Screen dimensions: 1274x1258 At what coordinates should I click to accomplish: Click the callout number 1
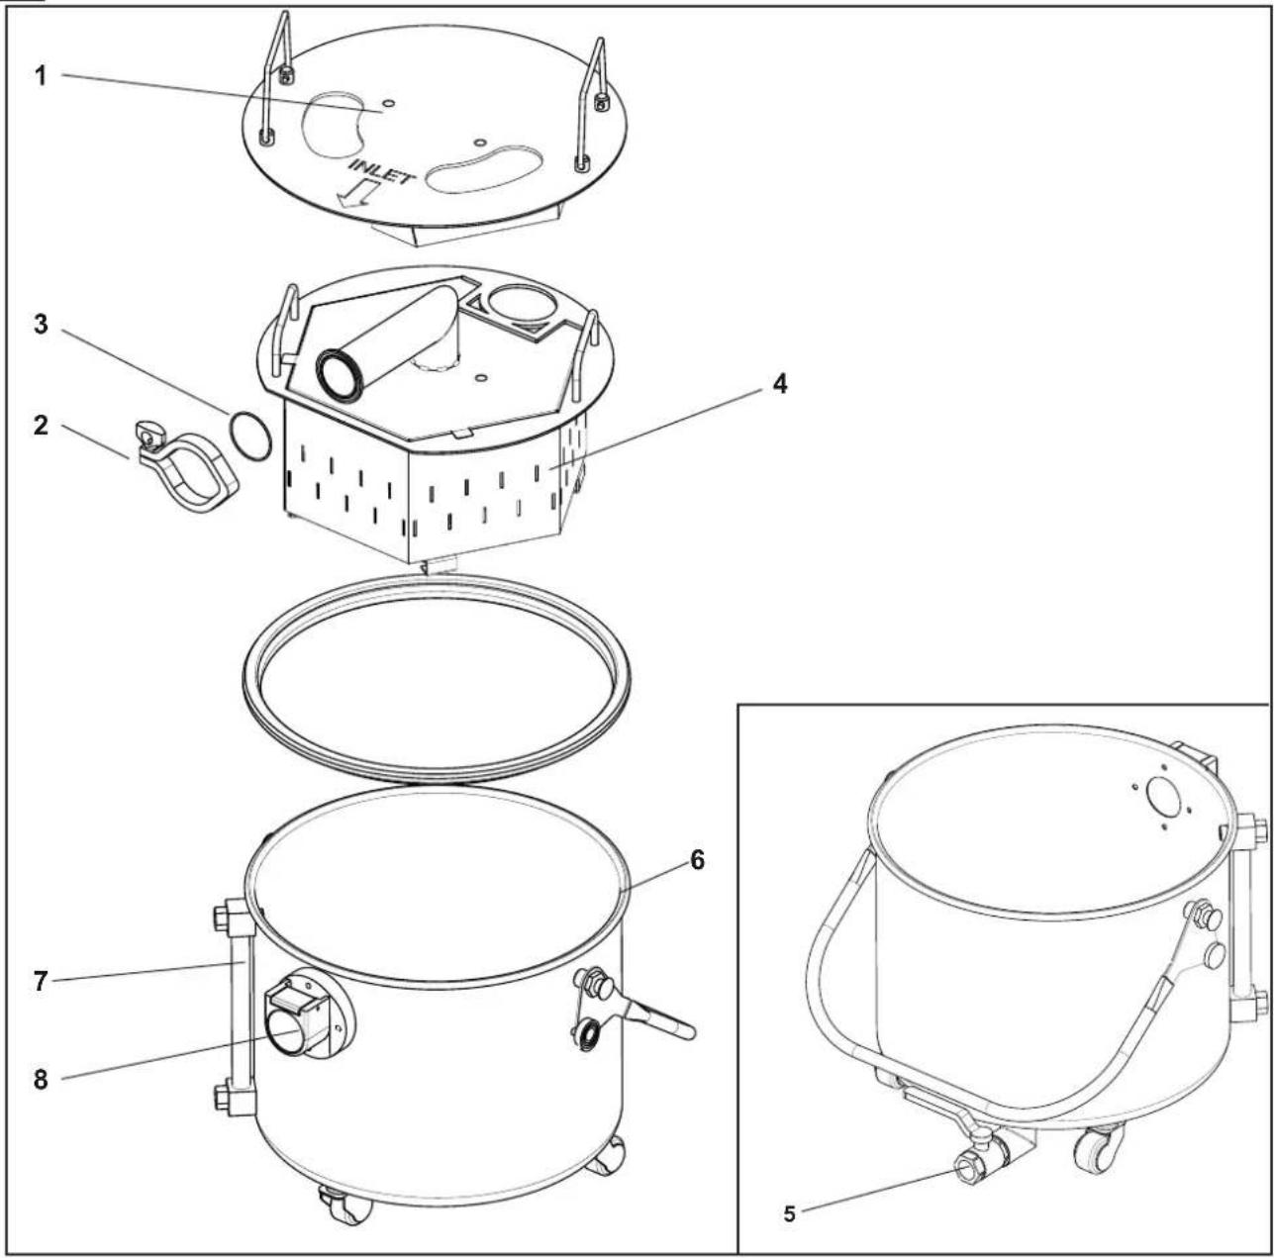pyautogui.click(x=41, y=76)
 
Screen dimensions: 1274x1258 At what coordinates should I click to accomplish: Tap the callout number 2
pyautogui.click(x=41, y=425)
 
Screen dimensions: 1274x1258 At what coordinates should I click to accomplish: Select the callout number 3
pyautogui.click(x=41, y=325)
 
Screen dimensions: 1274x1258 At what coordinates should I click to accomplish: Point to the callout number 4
pyautogui.click(x=781, y=383)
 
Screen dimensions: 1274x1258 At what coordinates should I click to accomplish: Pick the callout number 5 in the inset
pyautogui.click(x=789, y=1213)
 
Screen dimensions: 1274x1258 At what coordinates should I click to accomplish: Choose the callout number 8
pyautogui.click(x=41, y=1080)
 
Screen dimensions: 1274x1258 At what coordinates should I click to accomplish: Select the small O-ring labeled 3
pyautogui.click(x=249, y=435)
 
